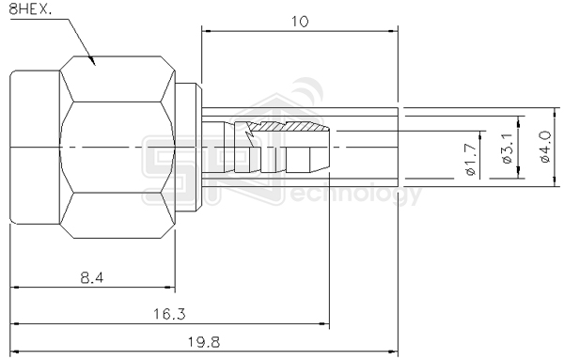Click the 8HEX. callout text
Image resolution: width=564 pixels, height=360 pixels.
pyautogui.click(x=30, y=8)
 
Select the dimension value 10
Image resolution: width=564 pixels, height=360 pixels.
pyautogui.click(x=300, y=22)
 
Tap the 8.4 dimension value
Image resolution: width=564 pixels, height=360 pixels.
pyautogui.click(x=92, y=277)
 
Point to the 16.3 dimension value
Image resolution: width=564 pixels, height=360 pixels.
pyautogui.click(x=169, y=314)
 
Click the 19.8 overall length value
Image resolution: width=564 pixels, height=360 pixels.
pyautogui.click(x=204, y=342)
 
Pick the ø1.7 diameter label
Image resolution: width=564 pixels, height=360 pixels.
pyautogui.click(x=471, y=159)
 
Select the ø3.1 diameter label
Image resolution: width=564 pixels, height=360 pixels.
pyautogui.click(x=508, y=149)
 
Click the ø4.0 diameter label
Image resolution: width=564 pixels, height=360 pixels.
pyautogui.click(x=545, y=147)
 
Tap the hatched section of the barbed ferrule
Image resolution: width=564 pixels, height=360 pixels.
pyautogui.click(x=288, y=127)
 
